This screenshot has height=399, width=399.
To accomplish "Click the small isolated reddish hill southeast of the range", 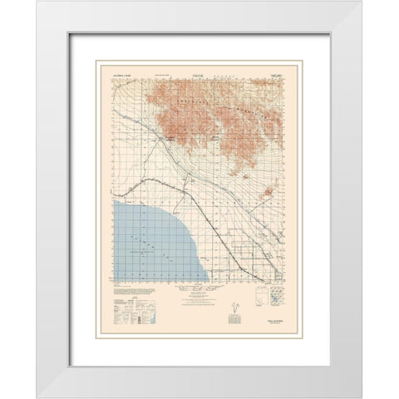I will pyautogui.click(x=268, y=194).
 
